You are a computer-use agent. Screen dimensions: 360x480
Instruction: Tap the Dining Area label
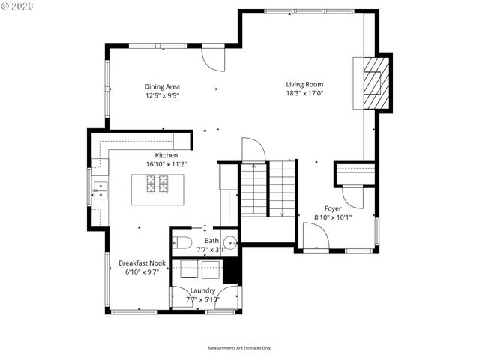point(162,86)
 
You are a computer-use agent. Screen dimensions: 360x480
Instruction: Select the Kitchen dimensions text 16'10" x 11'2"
point(166,164)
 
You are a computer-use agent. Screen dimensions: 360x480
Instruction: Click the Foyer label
point(333,208)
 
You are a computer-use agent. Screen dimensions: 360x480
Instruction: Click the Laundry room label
point(203,290)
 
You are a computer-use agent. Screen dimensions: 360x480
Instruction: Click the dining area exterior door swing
point(213,57)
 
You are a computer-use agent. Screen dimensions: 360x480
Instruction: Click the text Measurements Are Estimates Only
point(240,348)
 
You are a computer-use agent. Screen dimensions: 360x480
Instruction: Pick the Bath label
point(212,241)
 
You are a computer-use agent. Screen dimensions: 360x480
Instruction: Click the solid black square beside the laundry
point(232,270)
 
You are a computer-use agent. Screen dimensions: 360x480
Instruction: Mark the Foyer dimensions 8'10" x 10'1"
point(333,217)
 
